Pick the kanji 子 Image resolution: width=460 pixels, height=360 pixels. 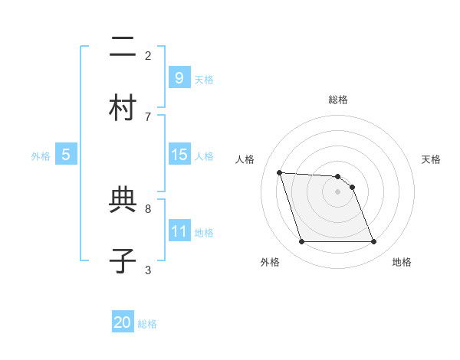[123, 260]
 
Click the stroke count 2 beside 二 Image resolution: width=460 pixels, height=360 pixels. [148, 55]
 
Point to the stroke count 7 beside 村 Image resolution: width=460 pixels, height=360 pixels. [148, 116]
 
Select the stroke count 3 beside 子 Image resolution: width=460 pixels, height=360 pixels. [148, 270]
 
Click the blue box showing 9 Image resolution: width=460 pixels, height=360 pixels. [179, 78]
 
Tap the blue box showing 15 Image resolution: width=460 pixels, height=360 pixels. [179, 155]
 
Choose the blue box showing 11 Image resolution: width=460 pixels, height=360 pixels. [179, 231]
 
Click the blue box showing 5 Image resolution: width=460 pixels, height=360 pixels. [66, 155]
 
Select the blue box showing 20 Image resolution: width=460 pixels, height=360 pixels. [123, 323]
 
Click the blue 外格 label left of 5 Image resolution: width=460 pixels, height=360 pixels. [41, 156]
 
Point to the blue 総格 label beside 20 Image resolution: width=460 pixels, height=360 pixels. [147, 324]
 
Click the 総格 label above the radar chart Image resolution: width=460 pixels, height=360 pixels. [337, 100]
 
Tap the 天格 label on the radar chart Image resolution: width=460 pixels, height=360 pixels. [432, 159]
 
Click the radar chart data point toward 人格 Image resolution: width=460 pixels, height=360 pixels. [279, 172]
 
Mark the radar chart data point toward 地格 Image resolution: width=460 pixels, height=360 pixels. [373, 242]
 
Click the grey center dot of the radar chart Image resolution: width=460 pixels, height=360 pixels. [337, 191]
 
